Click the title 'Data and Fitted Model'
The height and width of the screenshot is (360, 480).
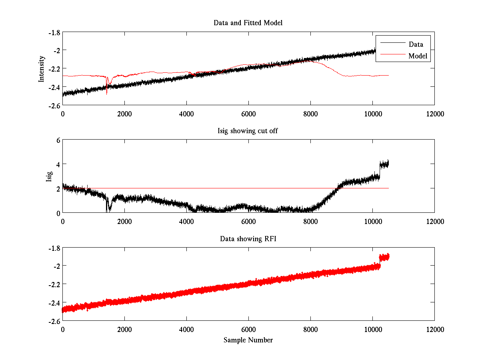coord(248,23)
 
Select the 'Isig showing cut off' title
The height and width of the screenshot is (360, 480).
coord(248,131)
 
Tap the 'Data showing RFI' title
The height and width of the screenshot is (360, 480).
coord(248,239)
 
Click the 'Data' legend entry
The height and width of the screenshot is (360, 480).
coord(416,44)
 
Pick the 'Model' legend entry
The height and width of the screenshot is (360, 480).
coord(418,56)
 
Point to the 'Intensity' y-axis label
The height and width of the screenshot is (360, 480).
coord(41,68)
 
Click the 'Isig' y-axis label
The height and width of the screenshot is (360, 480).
coord(49,176)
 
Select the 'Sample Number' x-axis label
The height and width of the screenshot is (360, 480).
coord(248,340)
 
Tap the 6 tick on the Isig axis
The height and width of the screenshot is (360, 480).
coord(58,140)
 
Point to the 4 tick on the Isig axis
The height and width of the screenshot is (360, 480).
coord(58,164)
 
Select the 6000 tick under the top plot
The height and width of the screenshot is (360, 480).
coord(248,113)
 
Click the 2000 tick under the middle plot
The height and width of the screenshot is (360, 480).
coord(124,221)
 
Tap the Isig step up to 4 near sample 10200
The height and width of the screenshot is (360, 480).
coord(380,168)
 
